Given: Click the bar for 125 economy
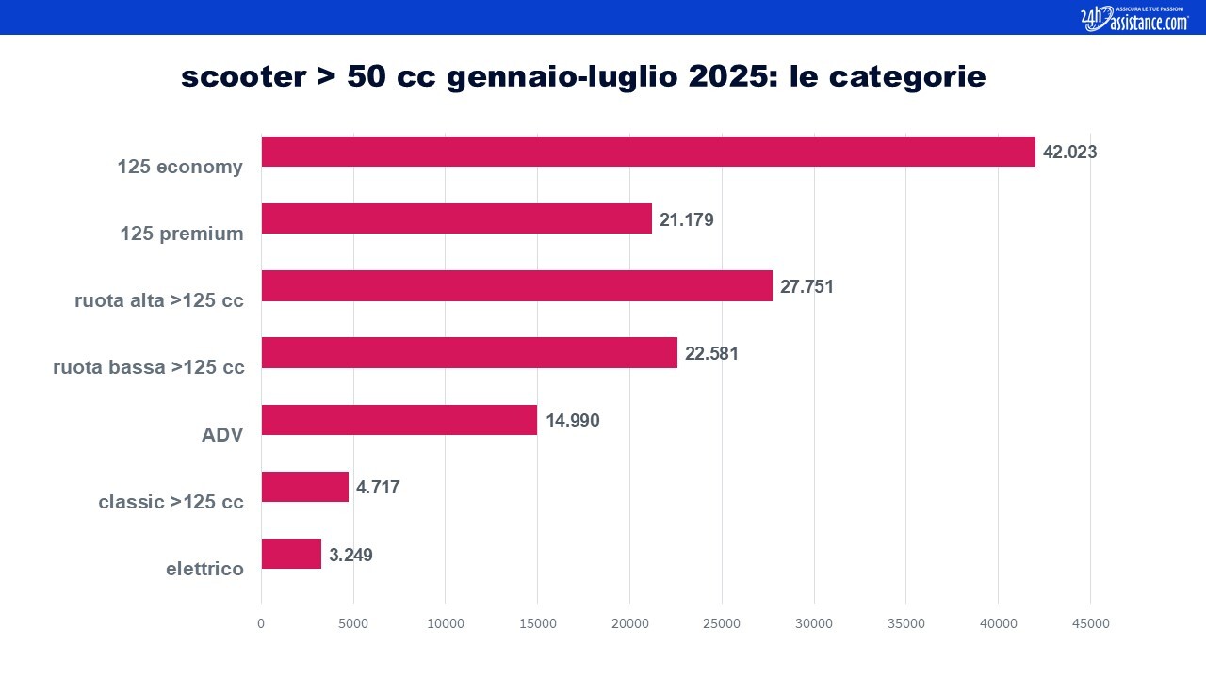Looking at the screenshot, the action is point(648,152).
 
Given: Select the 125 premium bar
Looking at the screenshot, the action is point(457,218).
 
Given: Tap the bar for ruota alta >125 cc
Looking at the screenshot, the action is point(517,285).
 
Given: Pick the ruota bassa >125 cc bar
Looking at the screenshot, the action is point(469,353).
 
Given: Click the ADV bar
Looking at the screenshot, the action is point(399,420).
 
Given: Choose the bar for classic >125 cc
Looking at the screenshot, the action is point(305,487).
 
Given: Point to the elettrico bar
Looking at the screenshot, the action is point(291,554).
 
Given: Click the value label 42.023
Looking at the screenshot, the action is point(1069,153).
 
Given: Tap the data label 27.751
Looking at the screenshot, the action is point(807,287).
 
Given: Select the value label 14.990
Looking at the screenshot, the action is point(572,420).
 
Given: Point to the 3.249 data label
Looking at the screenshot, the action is point(350,555).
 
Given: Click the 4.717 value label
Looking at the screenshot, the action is point(378,488).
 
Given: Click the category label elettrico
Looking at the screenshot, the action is point(204,569).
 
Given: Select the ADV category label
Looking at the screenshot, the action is point(222,435).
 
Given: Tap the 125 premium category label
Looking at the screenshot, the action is point(182,234).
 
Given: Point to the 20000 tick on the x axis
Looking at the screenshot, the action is point(630,623).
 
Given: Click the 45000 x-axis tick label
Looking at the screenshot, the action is point(1091,623).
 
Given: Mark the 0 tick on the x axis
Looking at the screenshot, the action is point(261,623).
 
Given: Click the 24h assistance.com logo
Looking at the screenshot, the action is point(1134,19).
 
